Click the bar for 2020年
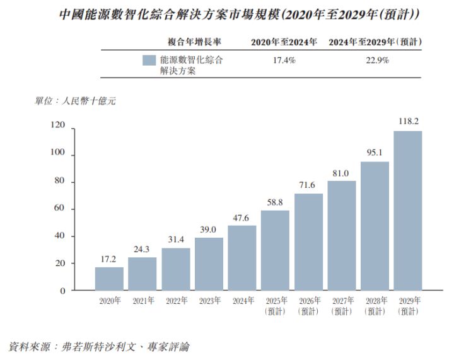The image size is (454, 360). [x=109, y=279]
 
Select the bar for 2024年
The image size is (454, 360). [x=242, y=258]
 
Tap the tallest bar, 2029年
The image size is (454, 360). [x=407, y=211]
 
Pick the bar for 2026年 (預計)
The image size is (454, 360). [x=308, y=242]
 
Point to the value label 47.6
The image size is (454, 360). [x=242, y=216]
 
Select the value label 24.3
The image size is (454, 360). [x=143, y=248]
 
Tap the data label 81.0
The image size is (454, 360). [x=341, y=172]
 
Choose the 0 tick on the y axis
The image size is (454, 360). [x=63, y=291]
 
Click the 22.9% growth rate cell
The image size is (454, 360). [x=377, y=61]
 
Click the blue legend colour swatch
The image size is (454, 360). [x=149, y=61]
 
